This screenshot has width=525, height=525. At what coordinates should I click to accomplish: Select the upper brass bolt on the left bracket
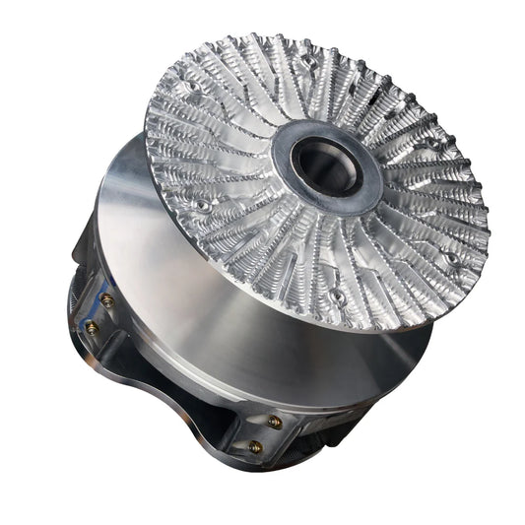pyautogui.click(x=107, y=299)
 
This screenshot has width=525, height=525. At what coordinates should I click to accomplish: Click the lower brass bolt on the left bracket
pyautogui.click(x=93, y=328)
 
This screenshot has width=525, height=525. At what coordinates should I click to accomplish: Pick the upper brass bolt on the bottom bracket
pyautogui.click(x=275, y=422)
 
